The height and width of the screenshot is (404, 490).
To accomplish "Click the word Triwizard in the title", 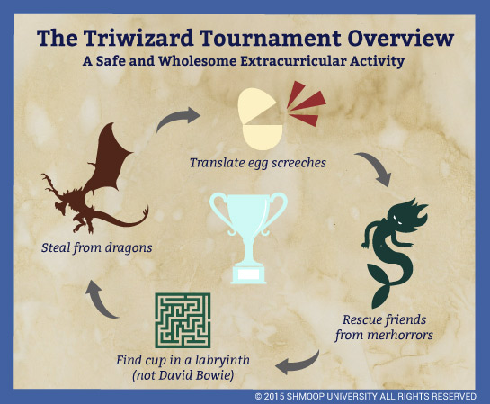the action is [x=138, y=38].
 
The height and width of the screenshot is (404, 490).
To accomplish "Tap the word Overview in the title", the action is [x=401, y=38].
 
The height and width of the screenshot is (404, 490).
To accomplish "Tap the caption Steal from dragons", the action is [x=97, y=247].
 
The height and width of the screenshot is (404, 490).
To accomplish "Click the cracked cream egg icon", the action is [x=260, y=119].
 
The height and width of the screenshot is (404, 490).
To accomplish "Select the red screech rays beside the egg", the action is [x=307, y=103].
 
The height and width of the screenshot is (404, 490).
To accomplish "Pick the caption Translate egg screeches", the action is [x=258, y=163].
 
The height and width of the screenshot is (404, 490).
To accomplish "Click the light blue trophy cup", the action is [x=249, y=238].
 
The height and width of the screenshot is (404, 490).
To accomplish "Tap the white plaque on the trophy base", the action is [x=248, y=274].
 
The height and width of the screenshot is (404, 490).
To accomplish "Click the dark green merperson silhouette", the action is [x=395, y=250].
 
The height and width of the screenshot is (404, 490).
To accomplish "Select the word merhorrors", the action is [x=400, y=335].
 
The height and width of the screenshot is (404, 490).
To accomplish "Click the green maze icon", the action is [x=183, y=320].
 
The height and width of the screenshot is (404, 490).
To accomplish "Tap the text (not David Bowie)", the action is [x=183, y=375].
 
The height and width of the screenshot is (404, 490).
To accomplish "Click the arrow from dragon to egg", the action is [x=176, y=118].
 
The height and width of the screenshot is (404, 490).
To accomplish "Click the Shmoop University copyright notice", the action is [x=366, y=397].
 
